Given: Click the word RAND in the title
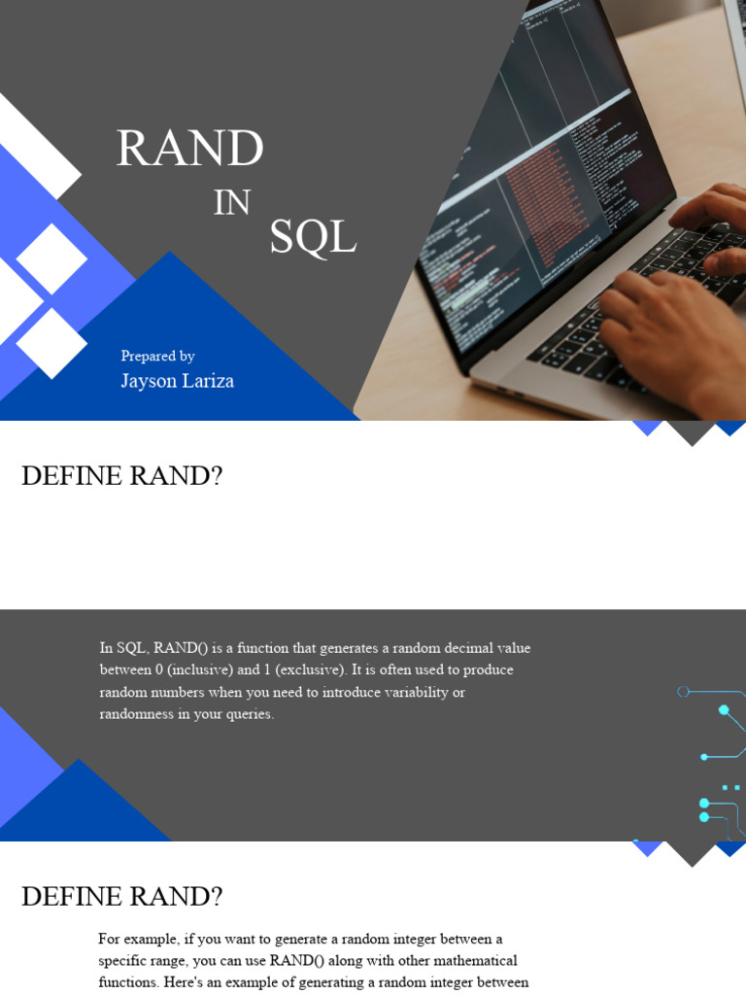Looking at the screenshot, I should pos(189,149).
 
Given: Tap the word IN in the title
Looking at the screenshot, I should pos(232,202).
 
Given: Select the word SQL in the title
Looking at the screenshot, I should pos(313,237).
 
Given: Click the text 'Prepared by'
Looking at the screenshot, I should pos(157,356).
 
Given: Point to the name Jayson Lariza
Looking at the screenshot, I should pos(177,381).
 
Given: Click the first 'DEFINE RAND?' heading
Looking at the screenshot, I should pos(121,477).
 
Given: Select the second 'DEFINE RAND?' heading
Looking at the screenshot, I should pos(121,897).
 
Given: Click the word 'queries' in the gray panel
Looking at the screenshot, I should pos(249,714).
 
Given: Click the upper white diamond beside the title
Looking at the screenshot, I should pos(51,258).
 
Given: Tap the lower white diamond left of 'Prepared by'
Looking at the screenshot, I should pos(51,343).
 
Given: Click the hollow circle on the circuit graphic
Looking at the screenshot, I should pos(683,692).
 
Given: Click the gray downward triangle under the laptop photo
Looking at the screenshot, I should pos(692,431).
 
